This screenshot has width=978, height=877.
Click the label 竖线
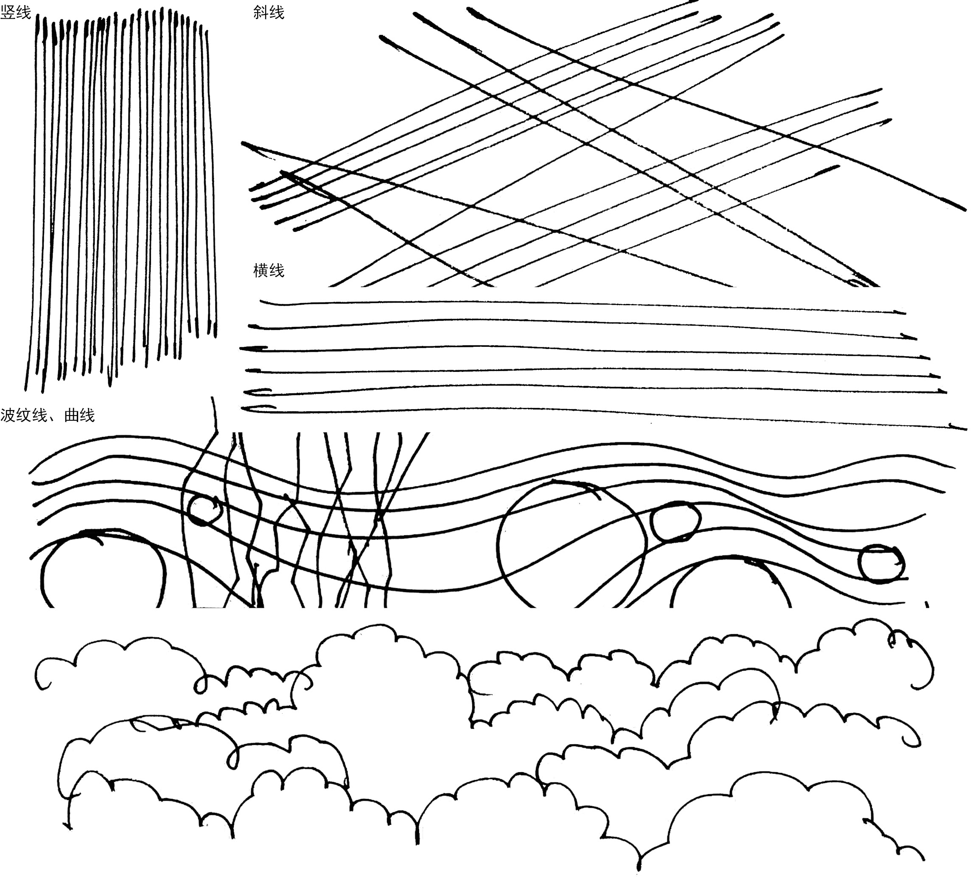click(x=15, y=12)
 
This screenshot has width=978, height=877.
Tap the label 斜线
click(x=269, y=12)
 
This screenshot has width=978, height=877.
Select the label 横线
click(x=269, y=270)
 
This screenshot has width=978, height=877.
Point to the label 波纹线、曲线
click(x=47, y=415)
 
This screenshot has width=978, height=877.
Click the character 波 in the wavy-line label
click(x=8, y=415)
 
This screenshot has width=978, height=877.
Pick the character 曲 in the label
click(x=71, y=415)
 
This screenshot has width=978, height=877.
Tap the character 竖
click(x=8, y=12)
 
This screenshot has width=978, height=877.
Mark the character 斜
click(x=261, y=12)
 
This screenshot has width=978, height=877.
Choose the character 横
click(x=261, y=270)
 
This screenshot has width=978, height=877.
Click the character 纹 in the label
click(x=24, y=415)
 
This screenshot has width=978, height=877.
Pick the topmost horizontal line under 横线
click(x=578, y=303)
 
